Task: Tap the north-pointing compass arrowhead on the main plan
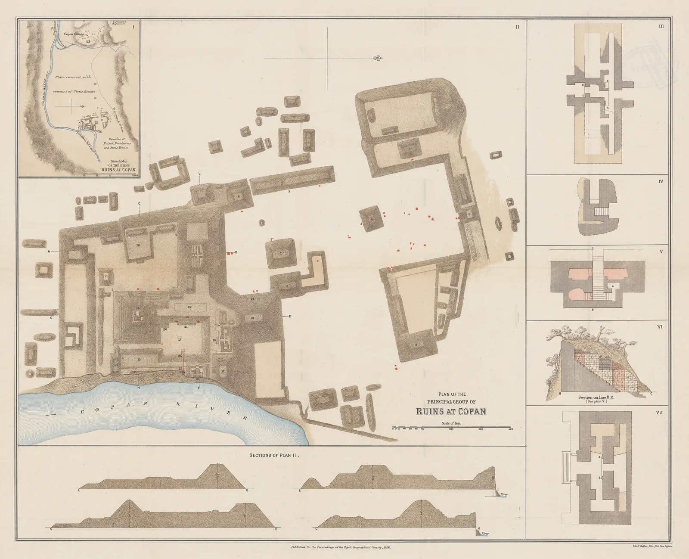click(x=378, y=58)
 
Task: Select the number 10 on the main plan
click(x=138, y=245)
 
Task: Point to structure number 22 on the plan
click(x=189, y=307)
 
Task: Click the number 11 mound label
click(x=106, y=276)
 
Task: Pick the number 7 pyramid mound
click(x=280, y=253)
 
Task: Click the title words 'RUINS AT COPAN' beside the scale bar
click(x=451, y=411)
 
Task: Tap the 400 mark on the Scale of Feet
click(x=510, y=429)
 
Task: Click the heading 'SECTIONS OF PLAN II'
click(x=274, y=455)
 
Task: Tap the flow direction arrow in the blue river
click(x=51, y=414)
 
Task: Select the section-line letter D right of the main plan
click(x=290, y=317)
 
